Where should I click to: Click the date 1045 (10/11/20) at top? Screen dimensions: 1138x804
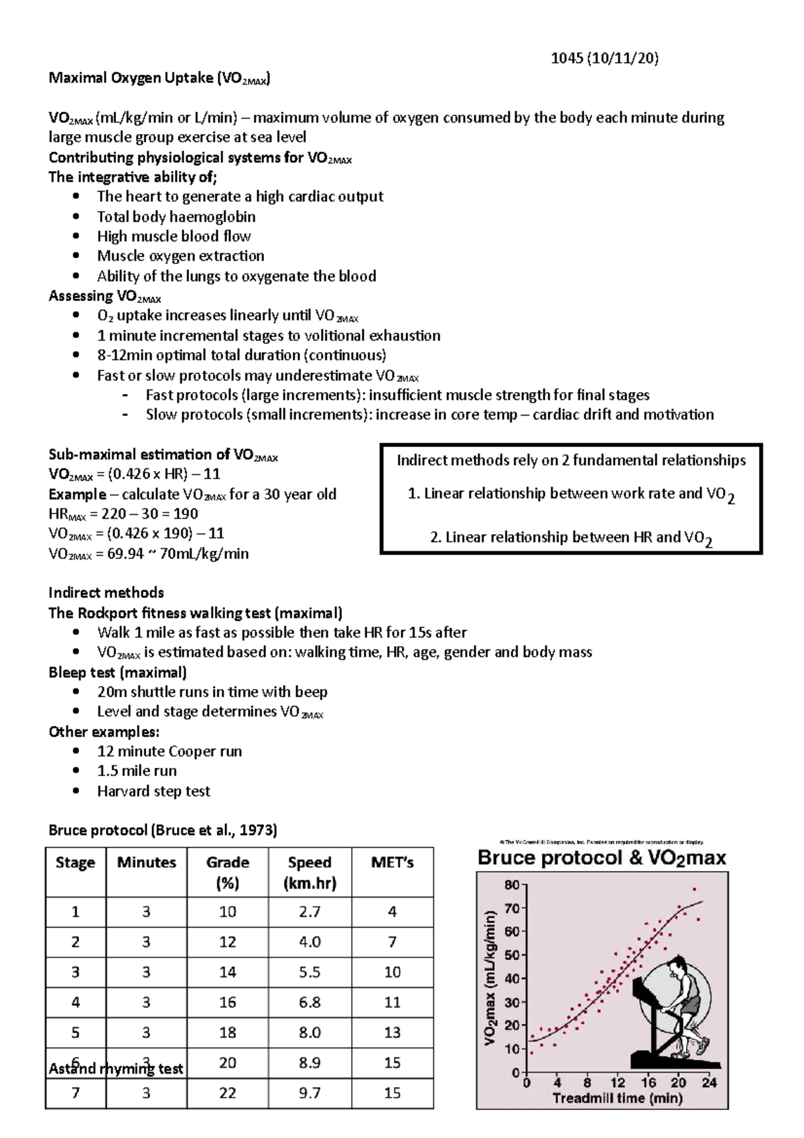[604, 58]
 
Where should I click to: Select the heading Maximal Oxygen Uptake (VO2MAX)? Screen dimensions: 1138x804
[159, 78]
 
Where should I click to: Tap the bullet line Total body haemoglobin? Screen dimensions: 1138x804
[176, 216]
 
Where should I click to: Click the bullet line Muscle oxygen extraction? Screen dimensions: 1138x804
[180, 256]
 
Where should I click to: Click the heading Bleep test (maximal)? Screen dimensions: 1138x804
[117, 672]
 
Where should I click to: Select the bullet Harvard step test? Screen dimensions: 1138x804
[153, 791]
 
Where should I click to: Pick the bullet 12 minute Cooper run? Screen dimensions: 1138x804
[170, 751]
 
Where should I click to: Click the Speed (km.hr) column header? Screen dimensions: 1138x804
[310, 872]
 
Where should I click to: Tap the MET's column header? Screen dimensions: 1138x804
[392, 863]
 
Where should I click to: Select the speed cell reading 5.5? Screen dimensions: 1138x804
[310, 972]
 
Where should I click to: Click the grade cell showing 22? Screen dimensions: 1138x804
[227, 1092]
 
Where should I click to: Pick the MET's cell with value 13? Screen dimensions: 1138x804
[392, 1032]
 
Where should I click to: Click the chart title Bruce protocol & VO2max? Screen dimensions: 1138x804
[601, 858]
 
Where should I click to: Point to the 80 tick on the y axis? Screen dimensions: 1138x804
[512, 885]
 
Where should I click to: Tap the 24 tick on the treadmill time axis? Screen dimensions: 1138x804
[709, 1082]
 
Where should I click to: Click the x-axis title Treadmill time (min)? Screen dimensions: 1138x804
[617, 1098]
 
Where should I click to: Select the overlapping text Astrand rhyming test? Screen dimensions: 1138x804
[115, 1068]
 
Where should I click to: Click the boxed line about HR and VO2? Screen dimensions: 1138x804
[571, 538]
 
